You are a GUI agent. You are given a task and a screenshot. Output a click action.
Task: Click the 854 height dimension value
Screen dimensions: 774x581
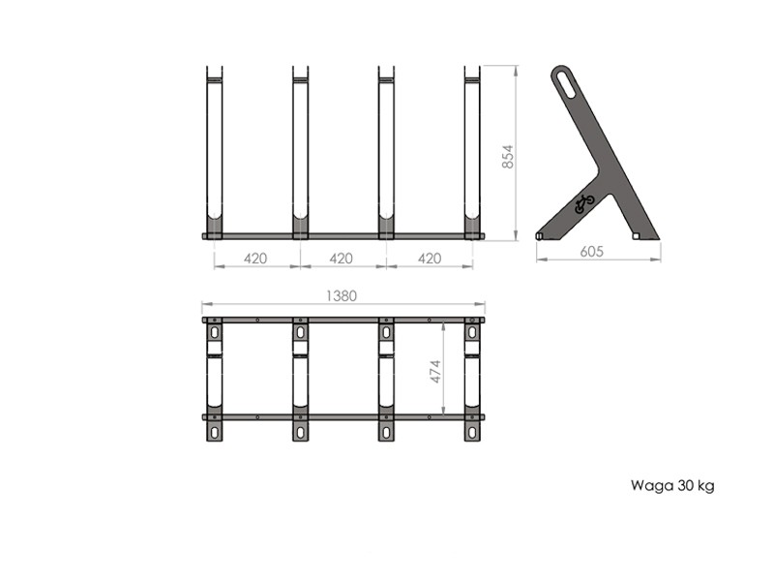point(507,156)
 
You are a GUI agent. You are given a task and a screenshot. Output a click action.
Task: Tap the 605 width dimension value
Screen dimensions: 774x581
point(591,252)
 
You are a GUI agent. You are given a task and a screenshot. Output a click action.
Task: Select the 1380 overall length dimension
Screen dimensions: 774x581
point(342,295)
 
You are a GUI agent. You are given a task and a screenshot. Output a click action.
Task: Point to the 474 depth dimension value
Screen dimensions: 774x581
point(435,371)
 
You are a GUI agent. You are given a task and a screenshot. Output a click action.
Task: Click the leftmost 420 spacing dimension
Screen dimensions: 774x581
point(255,258)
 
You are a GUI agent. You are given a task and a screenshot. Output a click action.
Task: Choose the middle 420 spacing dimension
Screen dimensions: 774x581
point(342,258)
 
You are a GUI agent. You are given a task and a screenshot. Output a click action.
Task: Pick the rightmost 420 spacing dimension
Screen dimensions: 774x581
point(430,258)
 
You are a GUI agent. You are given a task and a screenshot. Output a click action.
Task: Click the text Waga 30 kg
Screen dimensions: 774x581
point(672,486)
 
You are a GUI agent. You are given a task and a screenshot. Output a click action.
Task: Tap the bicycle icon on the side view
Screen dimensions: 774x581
point(584,203)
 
